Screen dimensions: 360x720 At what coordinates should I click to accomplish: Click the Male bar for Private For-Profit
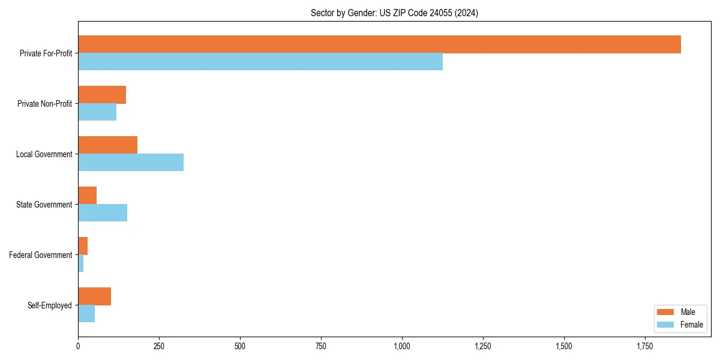pyautogui.click(x=379, y=44)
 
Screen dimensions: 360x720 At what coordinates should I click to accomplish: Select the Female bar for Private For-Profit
pyautogui.click(x=260, y=62)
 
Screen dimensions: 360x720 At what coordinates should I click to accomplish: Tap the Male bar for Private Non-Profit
pyautogui.click(x=102, y=95)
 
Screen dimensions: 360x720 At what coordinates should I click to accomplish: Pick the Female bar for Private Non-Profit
pyautogui.click(x=97, y=112)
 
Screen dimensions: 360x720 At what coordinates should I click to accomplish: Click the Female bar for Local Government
pyautogui.click(x=131, y=163)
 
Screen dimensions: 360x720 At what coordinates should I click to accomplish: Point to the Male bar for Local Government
pyautogui.click(x=108, y=145)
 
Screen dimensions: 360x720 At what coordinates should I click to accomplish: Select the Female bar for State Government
pyautogui.click(x=103, y=213)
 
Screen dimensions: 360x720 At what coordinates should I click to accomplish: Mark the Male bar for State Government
pyautogui.click(x=88, y=196)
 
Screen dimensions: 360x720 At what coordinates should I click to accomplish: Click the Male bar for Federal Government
pyautogui.click(x=83, y=246)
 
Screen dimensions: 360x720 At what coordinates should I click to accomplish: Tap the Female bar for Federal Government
pyautogui.click(x=81, y=263)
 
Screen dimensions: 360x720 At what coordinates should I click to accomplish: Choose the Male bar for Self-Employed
pyautogui.click(x=95, y=296)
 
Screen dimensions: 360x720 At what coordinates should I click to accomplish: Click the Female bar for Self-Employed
pyautogui.click(x=86, y=314)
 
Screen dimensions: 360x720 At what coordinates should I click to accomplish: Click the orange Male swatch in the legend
pyautogui.click(x=666, y=312)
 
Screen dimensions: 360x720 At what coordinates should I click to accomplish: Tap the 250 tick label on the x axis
pyautogui.click(x=159, y=346)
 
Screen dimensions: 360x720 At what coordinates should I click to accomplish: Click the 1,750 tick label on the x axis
pyautogui.click(x=645, y=346)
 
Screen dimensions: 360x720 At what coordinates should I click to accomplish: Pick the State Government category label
pyautogui.click(x=44, y=205)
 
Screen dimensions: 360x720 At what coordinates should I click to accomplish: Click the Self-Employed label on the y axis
pyautogui.click(x=50, y=305)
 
